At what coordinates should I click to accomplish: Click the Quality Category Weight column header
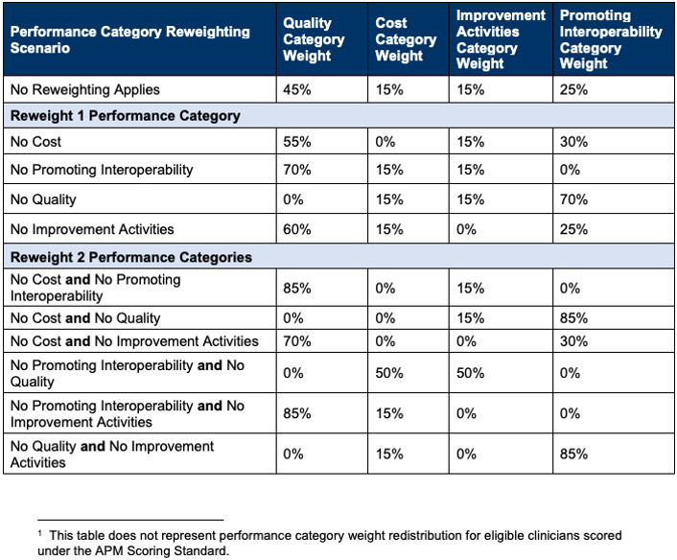(x=314, y=39)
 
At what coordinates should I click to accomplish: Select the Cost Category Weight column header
(x=405, y=39)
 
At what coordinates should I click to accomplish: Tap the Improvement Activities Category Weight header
(x=500, y=39)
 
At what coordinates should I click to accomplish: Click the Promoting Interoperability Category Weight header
(x=610, y=39)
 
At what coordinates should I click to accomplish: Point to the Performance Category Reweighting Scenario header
(x=129, y=39)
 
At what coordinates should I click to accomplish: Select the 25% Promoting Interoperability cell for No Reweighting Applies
(x=573, y=90)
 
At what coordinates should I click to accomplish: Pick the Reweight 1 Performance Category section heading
(x=125, y=116)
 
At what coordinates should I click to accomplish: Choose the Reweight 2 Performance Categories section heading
(x=130, y=257)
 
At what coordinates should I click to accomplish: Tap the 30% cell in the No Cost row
(x=573, y=143)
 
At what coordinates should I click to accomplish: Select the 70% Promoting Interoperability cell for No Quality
(x=573, y=200)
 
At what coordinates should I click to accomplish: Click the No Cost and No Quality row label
(x=85, y=318)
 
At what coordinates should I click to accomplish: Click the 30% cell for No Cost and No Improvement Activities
(x=573, y=341)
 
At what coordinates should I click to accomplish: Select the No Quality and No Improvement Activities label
(x=111, y=454)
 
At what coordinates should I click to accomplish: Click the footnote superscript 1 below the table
(x=40, y=532)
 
